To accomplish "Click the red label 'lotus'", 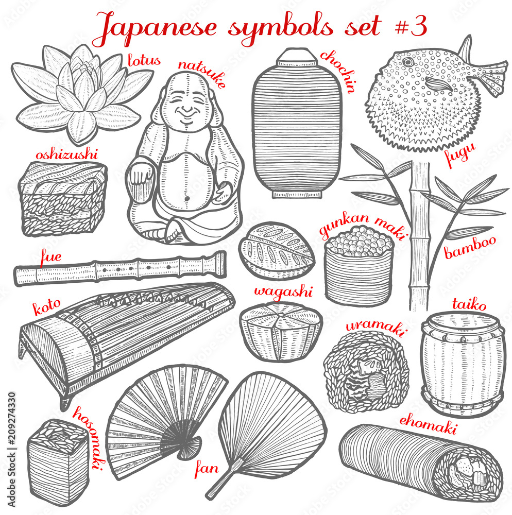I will coord(145,61).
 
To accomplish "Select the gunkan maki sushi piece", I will coord(360,263).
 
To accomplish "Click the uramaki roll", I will coord(366,371).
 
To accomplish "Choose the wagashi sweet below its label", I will coord(281,331).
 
